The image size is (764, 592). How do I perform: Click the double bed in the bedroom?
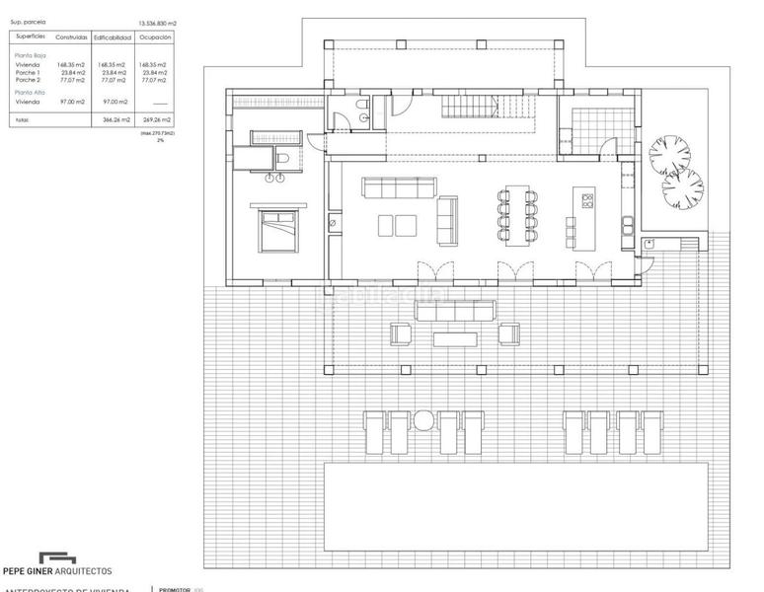[277, 228]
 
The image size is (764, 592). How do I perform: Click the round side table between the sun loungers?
[423, 421]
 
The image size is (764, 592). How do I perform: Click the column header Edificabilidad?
[114, 37]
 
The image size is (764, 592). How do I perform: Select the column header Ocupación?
[154, 37]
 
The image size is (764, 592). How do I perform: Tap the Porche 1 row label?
[28, 72]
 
